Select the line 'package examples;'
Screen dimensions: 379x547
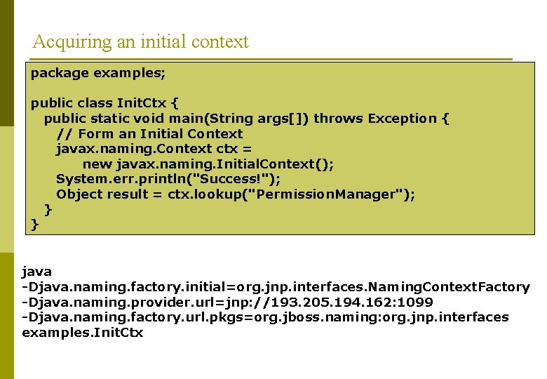coord(97,73)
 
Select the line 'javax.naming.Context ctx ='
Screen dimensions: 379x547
coord(154,149)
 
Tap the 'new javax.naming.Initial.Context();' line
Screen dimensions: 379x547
coord(208,164)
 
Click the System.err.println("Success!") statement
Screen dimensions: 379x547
coord(168,179)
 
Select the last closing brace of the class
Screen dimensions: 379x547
coord(34,225)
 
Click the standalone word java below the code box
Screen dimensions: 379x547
coord(37,271)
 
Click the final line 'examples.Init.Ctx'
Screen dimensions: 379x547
coord(83,333)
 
